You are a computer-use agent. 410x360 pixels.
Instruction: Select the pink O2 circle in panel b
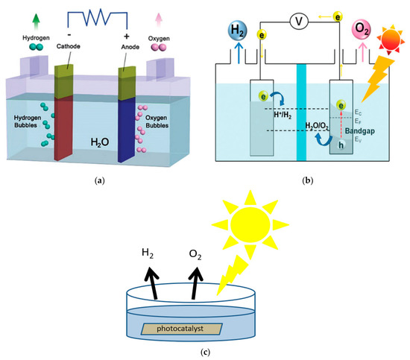point(363,33)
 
